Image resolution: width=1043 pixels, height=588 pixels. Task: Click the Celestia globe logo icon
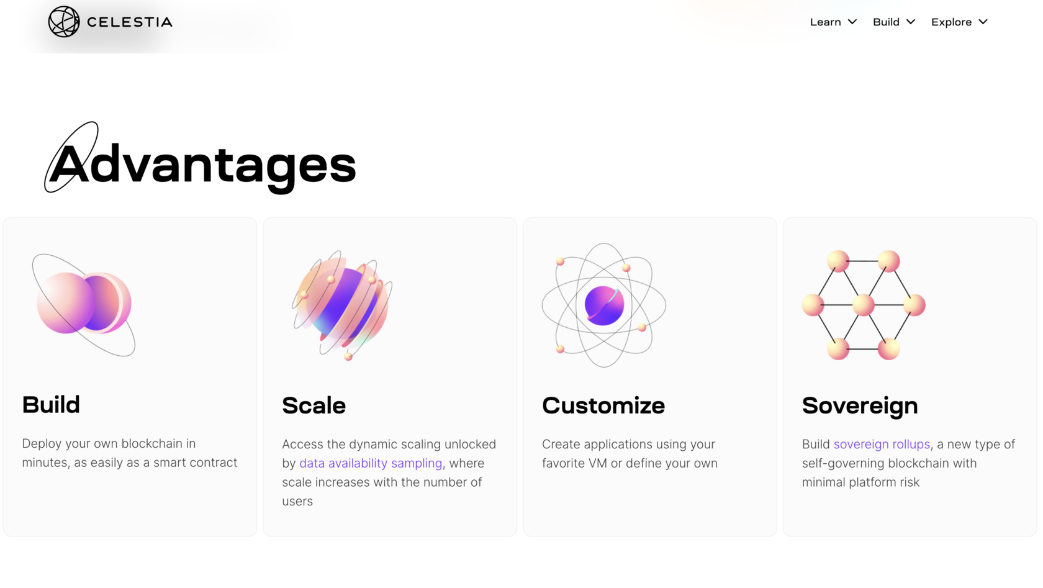click(x=64, y=22)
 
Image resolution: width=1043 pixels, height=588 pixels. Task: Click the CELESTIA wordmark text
click(x=129, y=22)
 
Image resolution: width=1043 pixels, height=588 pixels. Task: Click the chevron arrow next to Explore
click(x=983, y=22)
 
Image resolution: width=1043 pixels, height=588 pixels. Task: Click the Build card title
click(x=51, y=404)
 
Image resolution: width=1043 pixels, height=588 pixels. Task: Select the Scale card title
click(x=314, y=405)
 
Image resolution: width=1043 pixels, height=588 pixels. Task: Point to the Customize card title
click(x=603, y=405)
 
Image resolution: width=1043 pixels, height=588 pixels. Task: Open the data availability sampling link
click(x=371, y=463)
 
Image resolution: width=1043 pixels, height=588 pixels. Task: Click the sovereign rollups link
click(x=882, y=444)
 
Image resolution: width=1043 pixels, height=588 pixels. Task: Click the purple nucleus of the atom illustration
click(x=605, y=305)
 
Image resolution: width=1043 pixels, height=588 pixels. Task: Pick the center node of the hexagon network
click(x=863, y=305)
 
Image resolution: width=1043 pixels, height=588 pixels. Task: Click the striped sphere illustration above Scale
click(x=343, y=305)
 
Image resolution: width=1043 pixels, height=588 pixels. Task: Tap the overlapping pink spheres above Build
click(x=84, y=304)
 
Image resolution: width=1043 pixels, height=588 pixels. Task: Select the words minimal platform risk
click(x=860, y=482)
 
